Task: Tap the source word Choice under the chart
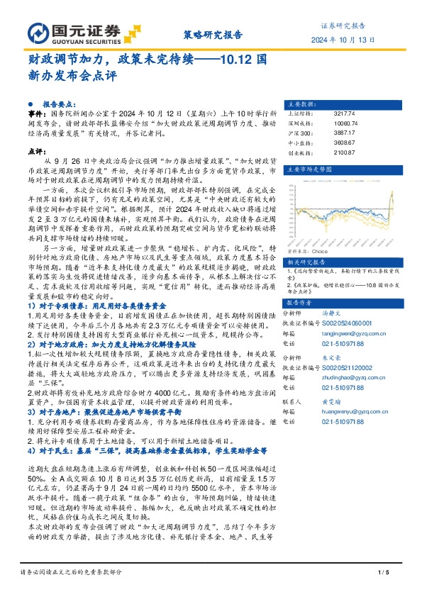(x=319, y=251)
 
